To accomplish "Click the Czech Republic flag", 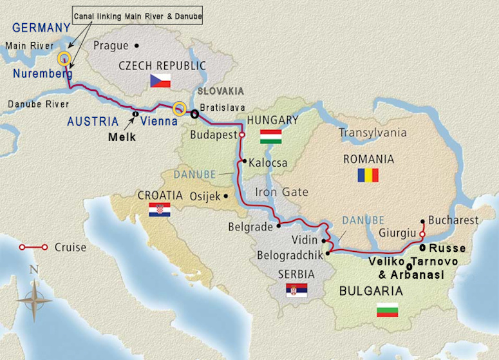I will click(160, 81).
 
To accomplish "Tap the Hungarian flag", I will click(271, 137).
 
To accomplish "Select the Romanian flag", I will click(368, 175).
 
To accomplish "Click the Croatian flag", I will click(159, 210).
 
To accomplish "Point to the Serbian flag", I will click(297, 290).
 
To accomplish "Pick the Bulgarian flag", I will click(387, 310).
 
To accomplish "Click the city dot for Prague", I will click(137, 46).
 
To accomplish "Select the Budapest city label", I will click(213, 135).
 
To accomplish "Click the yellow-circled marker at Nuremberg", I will click(64, 59).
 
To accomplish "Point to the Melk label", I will click(122, 137).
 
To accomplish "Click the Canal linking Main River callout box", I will click(138, 15).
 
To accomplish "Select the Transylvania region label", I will click(373, 133).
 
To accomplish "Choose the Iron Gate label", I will click(281, 192).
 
